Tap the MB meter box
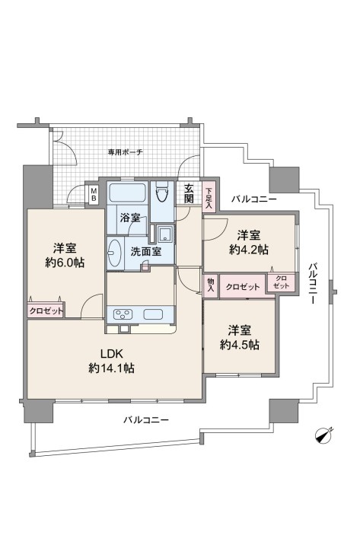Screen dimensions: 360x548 pos(94,195)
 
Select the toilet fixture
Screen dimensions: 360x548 pos(162,192)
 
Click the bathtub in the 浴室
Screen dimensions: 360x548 pos(127,193)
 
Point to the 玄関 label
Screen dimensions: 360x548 pos(189,194)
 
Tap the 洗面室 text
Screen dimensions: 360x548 pos(146,251)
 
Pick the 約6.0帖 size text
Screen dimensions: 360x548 pos(65,263)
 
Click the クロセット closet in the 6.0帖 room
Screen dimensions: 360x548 pos(46,311)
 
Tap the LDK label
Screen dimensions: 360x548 pos(111,354)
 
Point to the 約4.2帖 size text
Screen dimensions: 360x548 pos(249,250)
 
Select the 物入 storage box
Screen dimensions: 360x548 pos(211,285)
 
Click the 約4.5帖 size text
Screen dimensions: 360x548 pos(240,345)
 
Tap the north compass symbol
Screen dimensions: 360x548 pos(324,435)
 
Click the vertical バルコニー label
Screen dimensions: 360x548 pos(313,283)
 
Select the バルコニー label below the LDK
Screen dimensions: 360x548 pos(146,419)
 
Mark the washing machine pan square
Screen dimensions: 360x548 pos(164,234)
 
